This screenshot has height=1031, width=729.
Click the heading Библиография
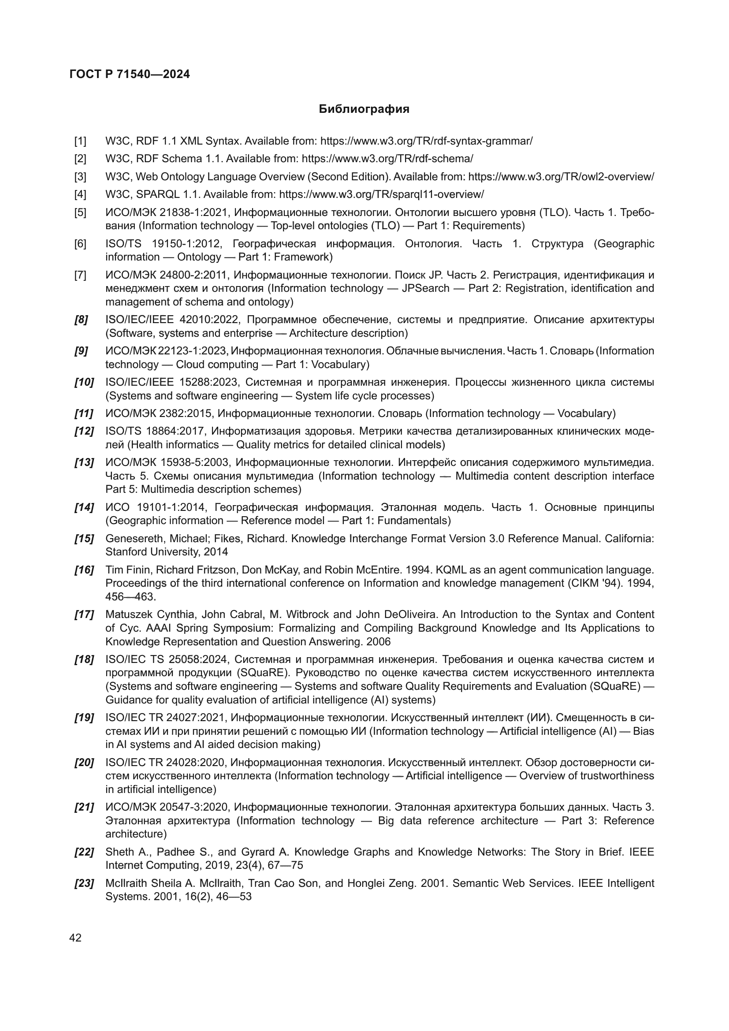[x=364, y=109]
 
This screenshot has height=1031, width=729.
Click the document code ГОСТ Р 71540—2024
[x=130, y=74]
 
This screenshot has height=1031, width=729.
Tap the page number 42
[x=75, y=938]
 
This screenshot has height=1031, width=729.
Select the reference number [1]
[x=80, y=141]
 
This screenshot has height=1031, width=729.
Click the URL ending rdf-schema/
[x=387, y=159]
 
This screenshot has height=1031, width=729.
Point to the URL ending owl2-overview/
[x=561, y=176]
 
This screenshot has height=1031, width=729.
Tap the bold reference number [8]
[x=81, y=320]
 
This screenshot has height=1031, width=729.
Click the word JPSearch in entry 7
[x=426, y=288]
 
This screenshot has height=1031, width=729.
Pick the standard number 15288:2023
[x=209, y=383]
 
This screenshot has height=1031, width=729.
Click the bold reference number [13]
[x=84, y=462]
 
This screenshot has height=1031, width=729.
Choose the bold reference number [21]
[x=84, y=807]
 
